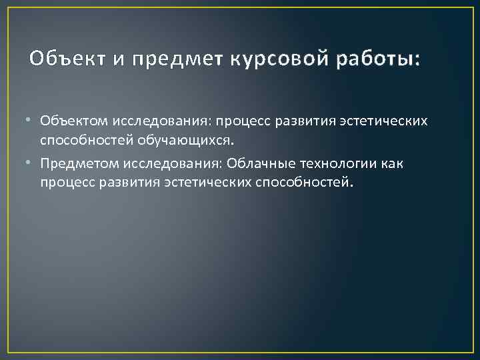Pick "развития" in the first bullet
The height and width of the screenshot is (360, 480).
pos(303,122)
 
